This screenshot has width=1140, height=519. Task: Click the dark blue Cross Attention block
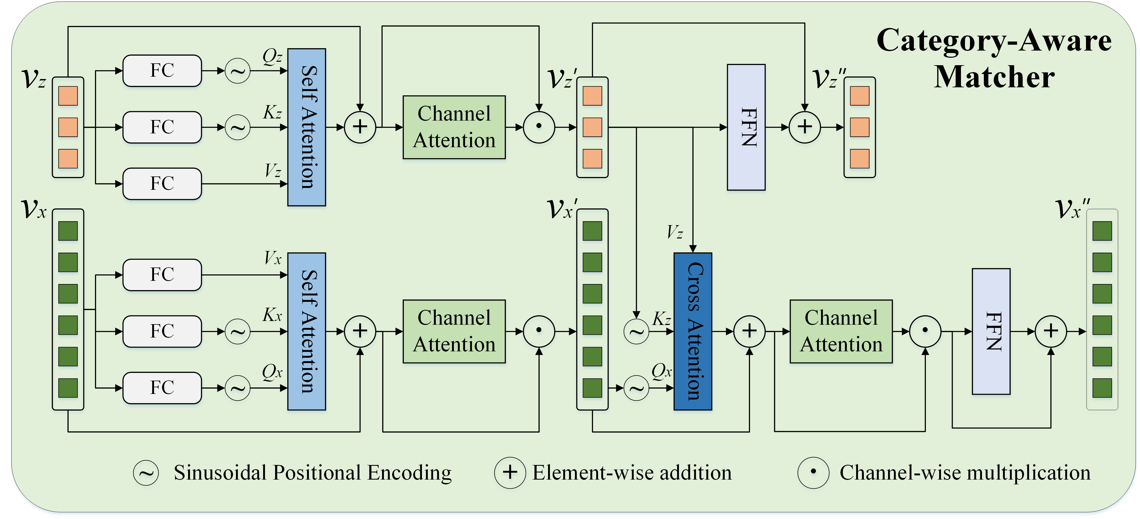click(693, 331)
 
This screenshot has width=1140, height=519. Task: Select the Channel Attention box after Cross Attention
click(841, 331)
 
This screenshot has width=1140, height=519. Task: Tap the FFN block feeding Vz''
click(746, 127)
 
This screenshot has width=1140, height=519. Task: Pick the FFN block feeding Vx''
click(991, 331)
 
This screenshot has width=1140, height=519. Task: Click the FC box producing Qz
click(162, 71)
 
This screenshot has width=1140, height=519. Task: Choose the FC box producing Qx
click(162, 388)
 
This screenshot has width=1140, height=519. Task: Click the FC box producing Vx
click(162, 275)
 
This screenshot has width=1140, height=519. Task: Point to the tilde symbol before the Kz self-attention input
click(238, 127)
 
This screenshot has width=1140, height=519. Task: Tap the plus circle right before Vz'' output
click(805, 127)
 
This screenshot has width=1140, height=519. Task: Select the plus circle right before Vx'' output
click(1051, 331)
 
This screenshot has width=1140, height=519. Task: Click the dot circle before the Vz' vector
click(538, 127)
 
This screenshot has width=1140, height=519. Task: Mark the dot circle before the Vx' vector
click(538, 331)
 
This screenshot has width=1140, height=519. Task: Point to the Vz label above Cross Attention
click(674, 232)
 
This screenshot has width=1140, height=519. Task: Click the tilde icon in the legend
click(146, 473)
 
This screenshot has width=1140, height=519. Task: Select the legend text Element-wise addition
click(632, 473)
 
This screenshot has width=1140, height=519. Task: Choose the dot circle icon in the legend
click(813, 473)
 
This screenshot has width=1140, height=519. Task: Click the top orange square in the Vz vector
click(68, 96)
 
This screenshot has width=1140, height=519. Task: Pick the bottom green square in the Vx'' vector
click(1102, 388)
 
